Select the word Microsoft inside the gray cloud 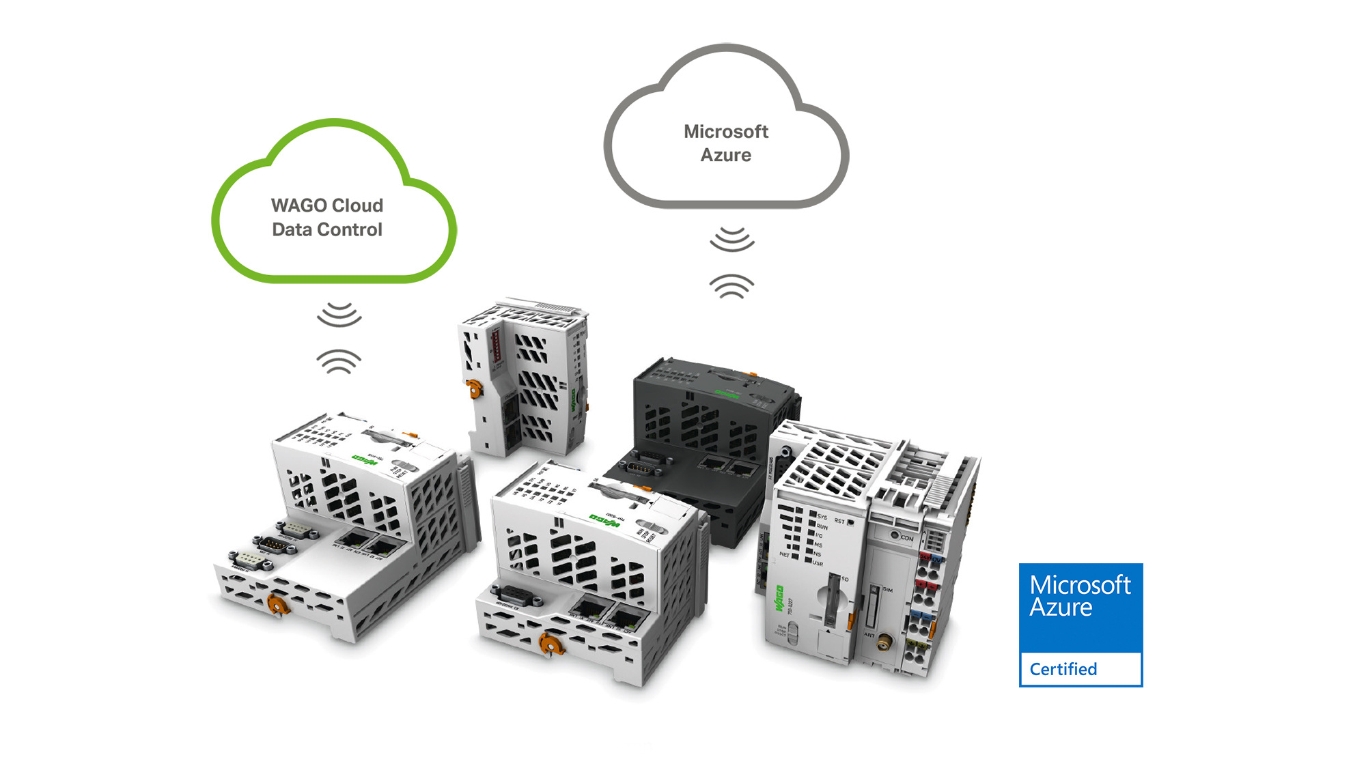pyautogui.click(x=726, y=131)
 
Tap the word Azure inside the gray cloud pyautogui.click(x=725, y=155)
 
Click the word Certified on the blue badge pyautogui.click(x=1063, y=669)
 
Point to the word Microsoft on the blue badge pyautogui.click(x=1080, y=585)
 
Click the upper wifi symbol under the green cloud pyautogui.click(x=339, y=314)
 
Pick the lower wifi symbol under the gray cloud pyautogui.click(x=731, y=286)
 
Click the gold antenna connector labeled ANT pyautogui.click(x=884, y=642)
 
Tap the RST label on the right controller pyautogui.click(x=839, y=521)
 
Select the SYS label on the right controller pyautogui.click(x=822, y=517)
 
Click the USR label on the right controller pyautogui.click(x=818, y=563)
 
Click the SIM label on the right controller pyautogui.click(x=887, y=589)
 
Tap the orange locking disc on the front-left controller pyautogui.click(x=277, y=604)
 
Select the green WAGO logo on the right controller pyautogui.click(x=779, y=599)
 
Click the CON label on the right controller pyautogui.click(x=906, y=538)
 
